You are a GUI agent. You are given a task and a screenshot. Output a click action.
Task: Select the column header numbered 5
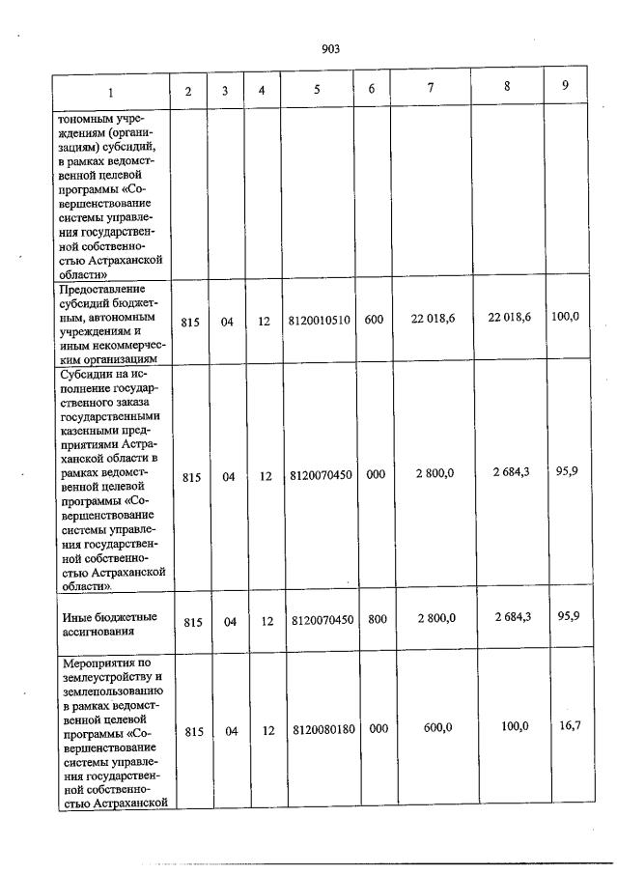click(x=317, y=91)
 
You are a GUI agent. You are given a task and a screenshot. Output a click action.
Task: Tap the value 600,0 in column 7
click(x=438, y=727)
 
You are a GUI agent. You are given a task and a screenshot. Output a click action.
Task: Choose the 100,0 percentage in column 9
click(x=564, y=317)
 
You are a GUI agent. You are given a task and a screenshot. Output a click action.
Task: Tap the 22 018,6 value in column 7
click(x=432, y=319)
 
